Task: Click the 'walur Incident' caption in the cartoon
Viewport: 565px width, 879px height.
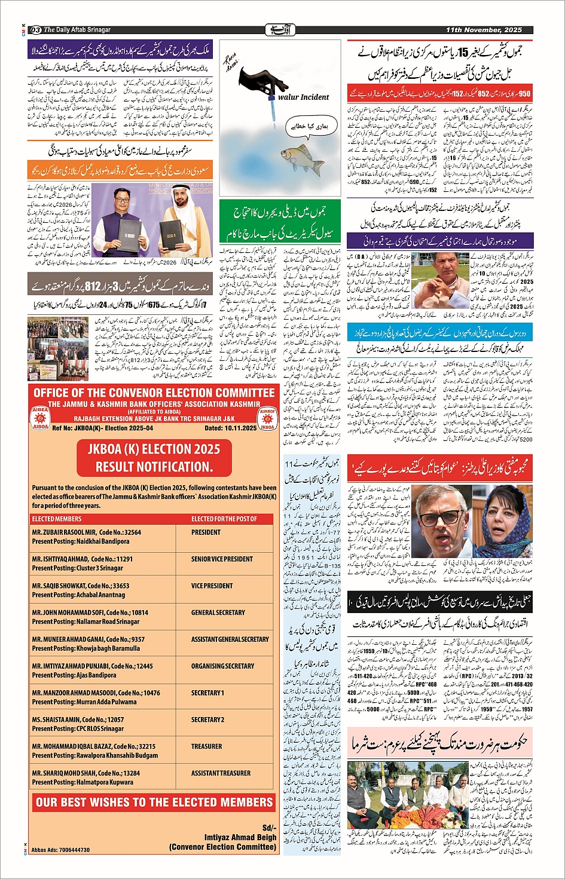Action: click(x=303, y=97)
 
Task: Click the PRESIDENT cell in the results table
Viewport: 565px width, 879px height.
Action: click(x=206, y=532)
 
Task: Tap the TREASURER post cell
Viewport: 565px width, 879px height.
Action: click(x=206, y=746)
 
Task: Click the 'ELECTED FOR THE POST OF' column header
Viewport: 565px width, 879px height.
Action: click(x=224, y=519)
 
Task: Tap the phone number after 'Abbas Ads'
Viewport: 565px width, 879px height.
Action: click(x=69, y=850)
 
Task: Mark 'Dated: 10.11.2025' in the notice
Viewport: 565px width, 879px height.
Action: click(x=230, y=428)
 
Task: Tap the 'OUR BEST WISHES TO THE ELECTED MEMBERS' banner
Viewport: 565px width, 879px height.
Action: click(x=154, y=802)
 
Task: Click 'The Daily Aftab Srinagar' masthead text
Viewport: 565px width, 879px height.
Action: click(x=77, y=29)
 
